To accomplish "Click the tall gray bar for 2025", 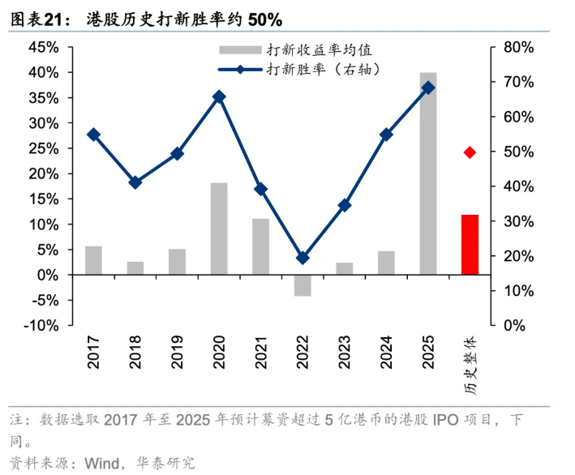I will tap(428, 173).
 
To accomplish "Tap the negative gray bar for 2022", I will tap(303, 285).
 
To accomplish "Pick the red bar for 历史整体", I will tap(470, 245).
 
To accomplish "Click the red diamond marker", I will tap(470, 152).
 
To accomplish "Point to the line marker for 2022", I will tap(303, 258).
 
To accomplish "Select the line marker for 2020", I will tap(219, 96).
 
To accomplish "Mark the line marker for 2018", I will tap(135, 182).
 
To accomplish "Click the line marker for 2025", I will tap(428, 88).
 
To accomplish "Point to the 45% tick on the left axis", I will tap(43, 47).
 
